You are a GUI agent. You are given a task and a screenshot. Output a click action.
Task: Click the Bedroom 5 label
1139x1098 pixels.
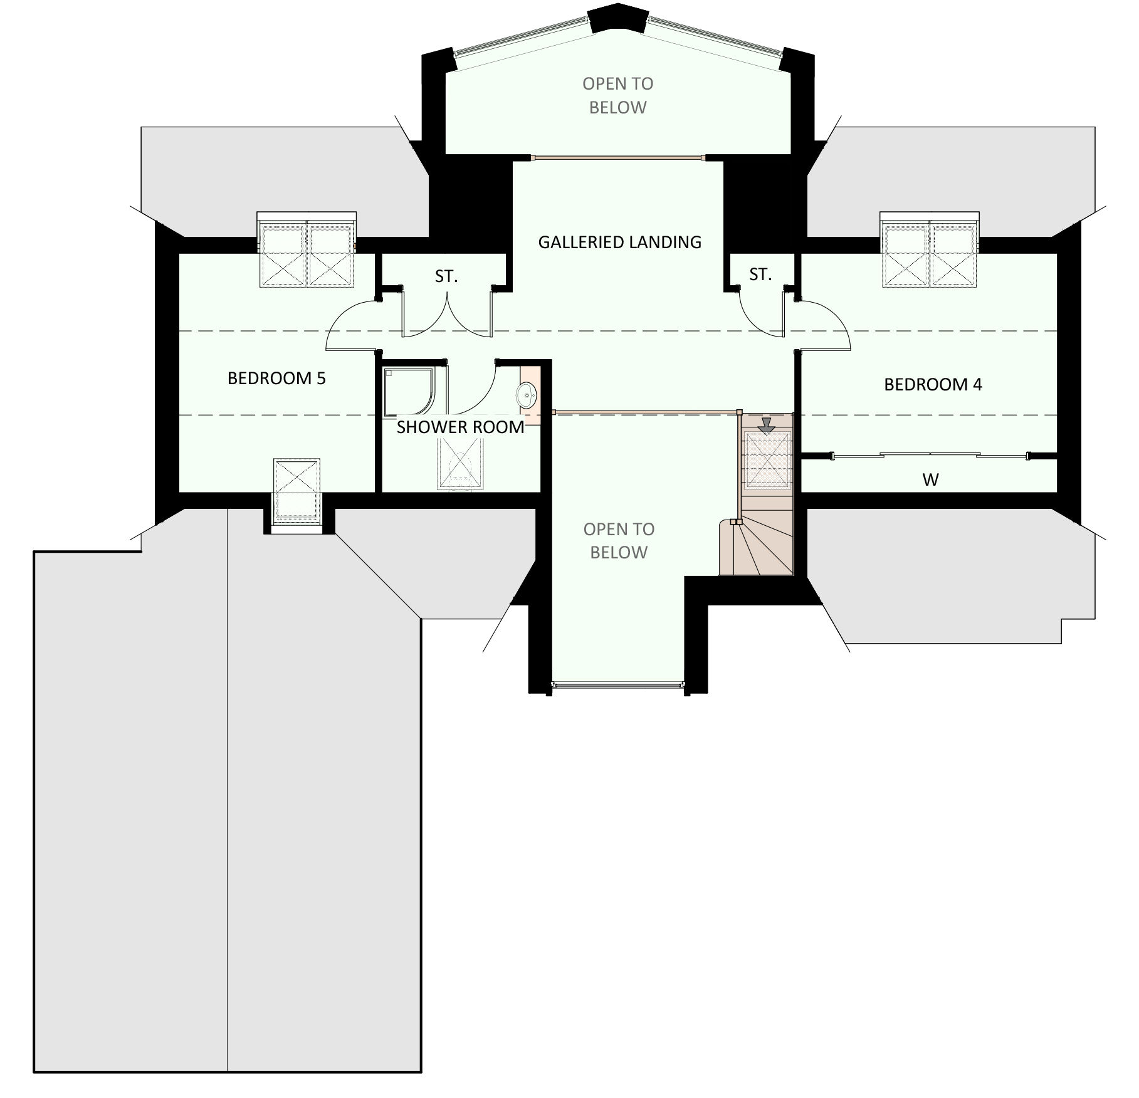276,379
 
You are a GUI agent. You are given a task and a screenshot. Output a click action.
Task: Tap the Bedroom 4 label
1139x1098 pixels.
933,385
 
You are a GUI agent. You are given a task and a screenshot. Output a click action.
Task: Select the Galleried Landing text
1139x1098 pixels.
619,242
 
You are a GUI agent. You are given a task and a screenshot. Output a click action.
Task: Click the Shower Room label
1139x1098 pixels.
460,427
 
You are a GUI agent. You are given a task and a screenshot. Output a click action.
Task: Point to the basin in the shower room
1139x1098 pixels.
526,395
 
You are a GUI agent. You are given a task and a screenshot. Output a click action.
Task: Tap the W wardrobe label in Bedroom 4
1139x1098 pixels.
930,480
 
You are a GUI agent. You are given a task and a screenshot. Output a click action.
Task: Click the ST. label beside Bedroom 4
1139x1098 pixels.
760,274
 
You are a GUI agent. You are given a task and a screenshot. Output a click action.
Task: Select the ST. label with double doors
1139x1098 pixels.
446,276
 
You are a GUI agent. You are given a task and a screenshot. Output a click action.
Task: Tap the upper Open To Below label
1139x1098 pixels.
617,95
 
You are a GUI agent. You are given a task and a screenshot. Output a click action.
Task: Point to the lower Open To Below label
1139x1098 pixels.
619,541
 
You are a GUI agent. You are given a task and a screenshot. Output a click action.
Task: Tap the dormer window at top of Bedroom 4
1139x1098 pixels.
930,249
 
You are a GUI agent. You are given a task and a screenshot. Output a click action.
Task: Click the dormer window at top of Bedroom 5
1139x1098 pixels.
307,249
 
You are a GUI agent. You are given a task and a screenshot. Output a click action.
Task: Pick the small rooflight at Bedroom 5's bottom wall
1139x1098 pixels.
297,489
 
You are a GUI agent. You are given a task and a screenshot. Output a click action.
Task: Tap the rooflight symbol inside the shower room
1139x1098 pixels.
461,461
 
